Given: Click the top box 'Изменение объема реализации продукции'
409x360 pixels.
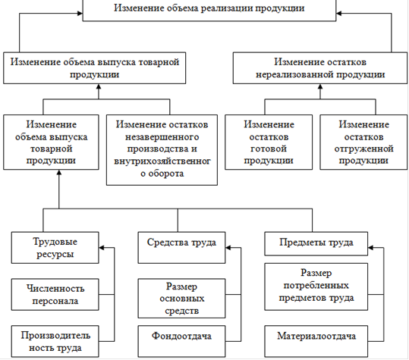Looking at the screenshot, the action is pyautogui.click(x=209, y=11).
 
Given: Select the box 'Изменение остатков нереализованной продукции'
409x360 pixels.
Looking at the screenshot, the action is pyautogui.click(x=320, y=68).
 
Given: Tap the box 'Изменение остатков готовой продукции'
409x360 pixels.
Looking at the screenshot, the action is pyautogui.click(x=269, y=142).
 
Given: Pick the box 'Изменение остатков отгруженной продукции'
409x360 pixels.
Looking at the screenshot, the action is pyautogui.click(x=363, y=142).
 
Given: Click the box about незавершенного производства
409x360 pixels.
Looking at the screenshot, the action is pyautogui.click(x=162, y=150).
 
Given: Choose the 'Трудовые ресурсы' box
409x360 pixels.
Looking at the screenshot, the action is pyautogui.click(x=55, y=248).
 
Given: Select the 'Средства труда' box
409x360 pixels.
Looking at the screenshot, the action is pyautogui.click(x=181, y=248).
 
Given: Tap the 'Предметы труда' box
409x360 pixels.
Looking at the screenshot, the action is pyautogui.click(x=316, y=244).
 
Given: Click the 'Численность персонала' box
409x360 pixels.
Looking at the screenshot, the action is pyautogui.click(x=55, y=295).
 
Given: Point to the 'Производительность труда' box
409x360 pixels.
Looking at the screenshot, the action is pyautogui.click(x=55, y=341).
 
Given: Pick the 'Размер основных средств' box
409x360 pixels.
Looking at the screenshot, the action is pyautogui.click(x=181, y=299).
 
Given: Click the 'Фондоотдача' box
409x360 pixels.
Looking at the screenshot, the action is pyautogui.click(x=181, y=341).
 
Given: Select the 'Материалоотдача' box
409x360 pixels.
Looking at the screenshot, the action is pyautogui.click(x=316, y=341).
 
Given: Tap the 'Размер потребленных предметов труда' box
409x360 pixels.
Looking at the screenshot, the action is pyautogui.click(x=316, y=286).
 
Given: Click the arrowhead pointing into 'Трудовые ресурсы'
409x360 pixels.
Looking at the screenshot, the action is pyautogui.click(x=102, y=248).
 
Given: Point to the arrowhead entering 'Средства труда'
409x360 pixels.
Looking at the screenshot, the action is pyautogui.click(x=228, y=248).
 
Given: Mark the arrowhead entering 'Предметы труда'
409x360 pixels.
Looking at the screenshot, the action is pyautogui.click(x=370, y=248).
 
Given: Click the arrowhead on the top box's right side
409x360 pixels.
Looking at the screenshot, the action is pyautogui.click(x=339, y=14).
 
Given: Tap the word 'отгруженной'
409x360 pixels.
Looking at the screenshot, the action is pyautogui.click(x=364, y=149).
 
